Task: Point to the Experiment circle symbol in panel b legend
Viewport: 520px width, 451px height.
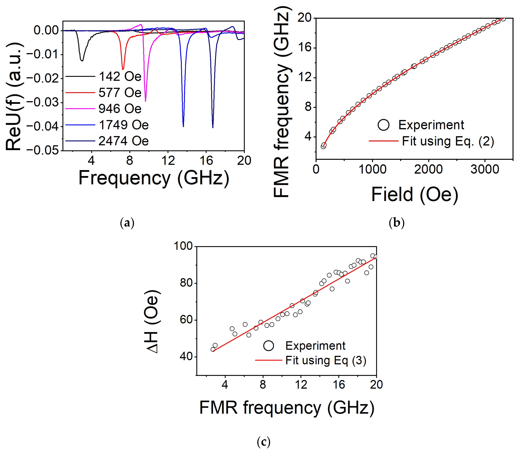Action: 383,125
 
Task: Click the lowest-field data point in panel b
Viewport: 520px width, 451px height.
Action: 323,146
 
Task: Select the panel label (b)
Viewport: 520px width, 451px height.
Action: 397,223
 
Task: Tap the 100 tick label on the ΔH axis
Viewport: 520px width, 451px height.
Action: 183,246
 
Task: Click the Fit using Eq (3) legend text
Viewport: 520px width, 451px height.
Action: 326,360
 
